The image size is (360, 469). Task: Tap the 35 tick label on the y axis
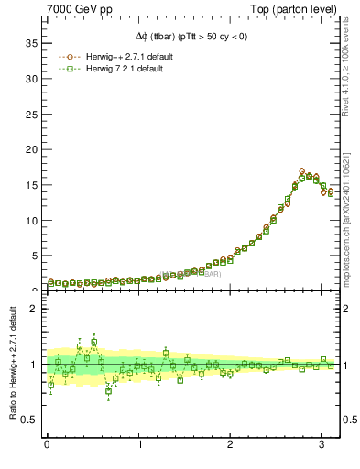[x=29, y=43]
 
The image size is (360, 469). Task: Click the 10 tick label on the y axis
[x=29, y=220]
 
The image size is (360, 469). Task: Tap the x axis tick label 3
[x=322, y=444]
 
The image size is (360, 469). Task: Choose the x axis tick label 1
[x=138, y=444]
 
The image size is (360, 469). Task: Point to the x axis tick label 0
[x=47, y=444]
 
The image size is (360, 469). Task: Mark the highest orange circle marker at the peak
[x=302, y=171]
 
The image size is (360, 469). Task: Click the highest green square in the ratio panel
[x=93, y=342]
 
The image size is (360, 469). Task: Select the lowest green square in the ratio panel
[x=108, y=391]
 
